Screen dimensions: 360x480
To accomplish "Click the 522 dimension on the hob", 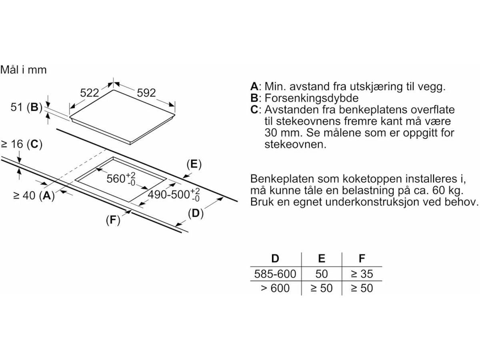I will click(x=89, y=93).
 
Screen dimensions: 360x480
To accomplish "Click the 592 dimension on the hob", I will click(x=146, y=93).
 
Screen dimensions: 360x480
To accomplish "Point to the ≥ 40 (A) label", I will click(x=34, y=196).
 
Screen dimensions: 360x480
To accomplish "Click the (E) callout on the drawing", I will click(x=194, y=164).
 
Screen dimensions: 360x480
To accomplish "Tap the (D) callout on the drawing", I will click(x=195, y=214).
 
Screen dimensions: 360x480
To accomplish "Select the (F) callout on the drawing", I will click(x=113, y=220).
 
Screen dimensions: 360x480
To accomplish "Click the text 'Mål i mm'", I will click(x=24, y=70).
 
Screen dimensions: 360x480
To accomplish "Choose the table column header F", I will click(x=362, y=258).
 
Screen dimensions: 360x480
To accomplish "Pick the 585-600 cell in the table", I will click(x=275, y=274).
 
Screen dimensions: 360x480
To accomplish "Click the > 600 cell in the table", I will click(x=275, y=288).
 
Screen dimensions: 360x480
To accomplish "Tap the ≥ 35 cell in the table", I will click(x=362, y=274).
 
